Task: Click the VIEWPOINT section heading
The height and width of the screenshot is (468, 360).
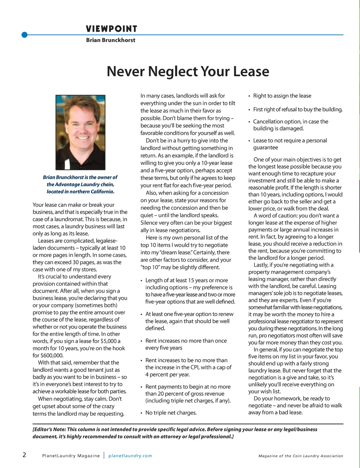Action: pyautogui.click(x=111, y=29)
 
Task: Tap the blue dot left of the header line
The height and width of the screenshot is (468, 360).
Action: pyautogui.click(x=24, y=35)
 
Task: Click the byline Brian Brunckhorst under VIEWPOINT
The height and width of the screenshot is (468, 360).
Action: pyautogui.click(x=110, y=40)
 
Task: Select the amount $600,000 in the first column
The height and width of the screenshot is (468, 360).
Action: pyautogui.click(x=52, y=355)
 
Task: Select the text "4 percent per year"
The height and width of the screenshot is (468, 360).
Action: pyautogui.click(x=167, y=374)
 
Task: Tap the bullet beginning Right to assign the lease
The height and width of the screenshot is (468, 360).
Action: pyautogui.click(x=282, y=96)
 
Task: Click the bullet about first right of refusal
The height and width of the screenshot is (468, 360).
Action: pyautogui.click(x=297, y=109)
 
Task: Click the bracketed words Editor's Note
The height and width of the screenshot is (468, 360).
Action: pyautogui.click(x=49, y=429)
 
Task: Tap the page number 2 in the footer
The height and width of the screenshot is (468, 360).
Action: pyautogui.click(x=24, y=455)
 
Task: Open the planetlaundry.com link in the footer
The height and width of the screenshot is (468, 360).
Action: pyautogui.click(x=130, y=456)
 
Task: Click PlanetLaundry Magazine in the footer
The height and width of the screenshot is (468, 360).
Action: pyautogui.click(x=71, y=456)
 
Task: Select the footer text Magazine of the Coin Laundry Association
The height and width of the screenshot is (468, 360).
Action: pyautogui.click(x=301, y=456)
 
